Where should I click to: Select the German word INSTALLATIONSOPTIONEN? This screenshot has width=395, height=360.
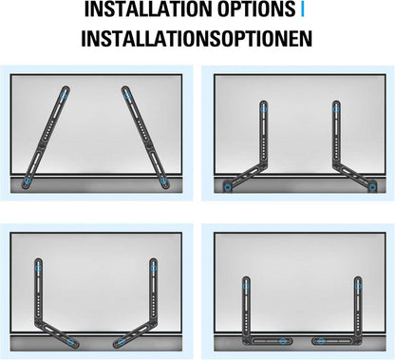(197, 41)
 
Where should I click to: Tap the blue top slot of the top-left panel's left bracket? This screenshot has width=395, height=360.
(63, 96)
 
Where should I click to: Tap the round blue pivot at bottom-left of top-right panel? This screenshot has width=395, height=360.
(229, 187)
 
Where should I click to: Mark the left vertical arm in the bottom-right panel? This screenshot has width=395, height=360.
(245, 304)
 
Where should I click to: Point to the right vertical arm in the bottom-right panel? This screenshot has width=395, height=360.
(357, 304)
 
